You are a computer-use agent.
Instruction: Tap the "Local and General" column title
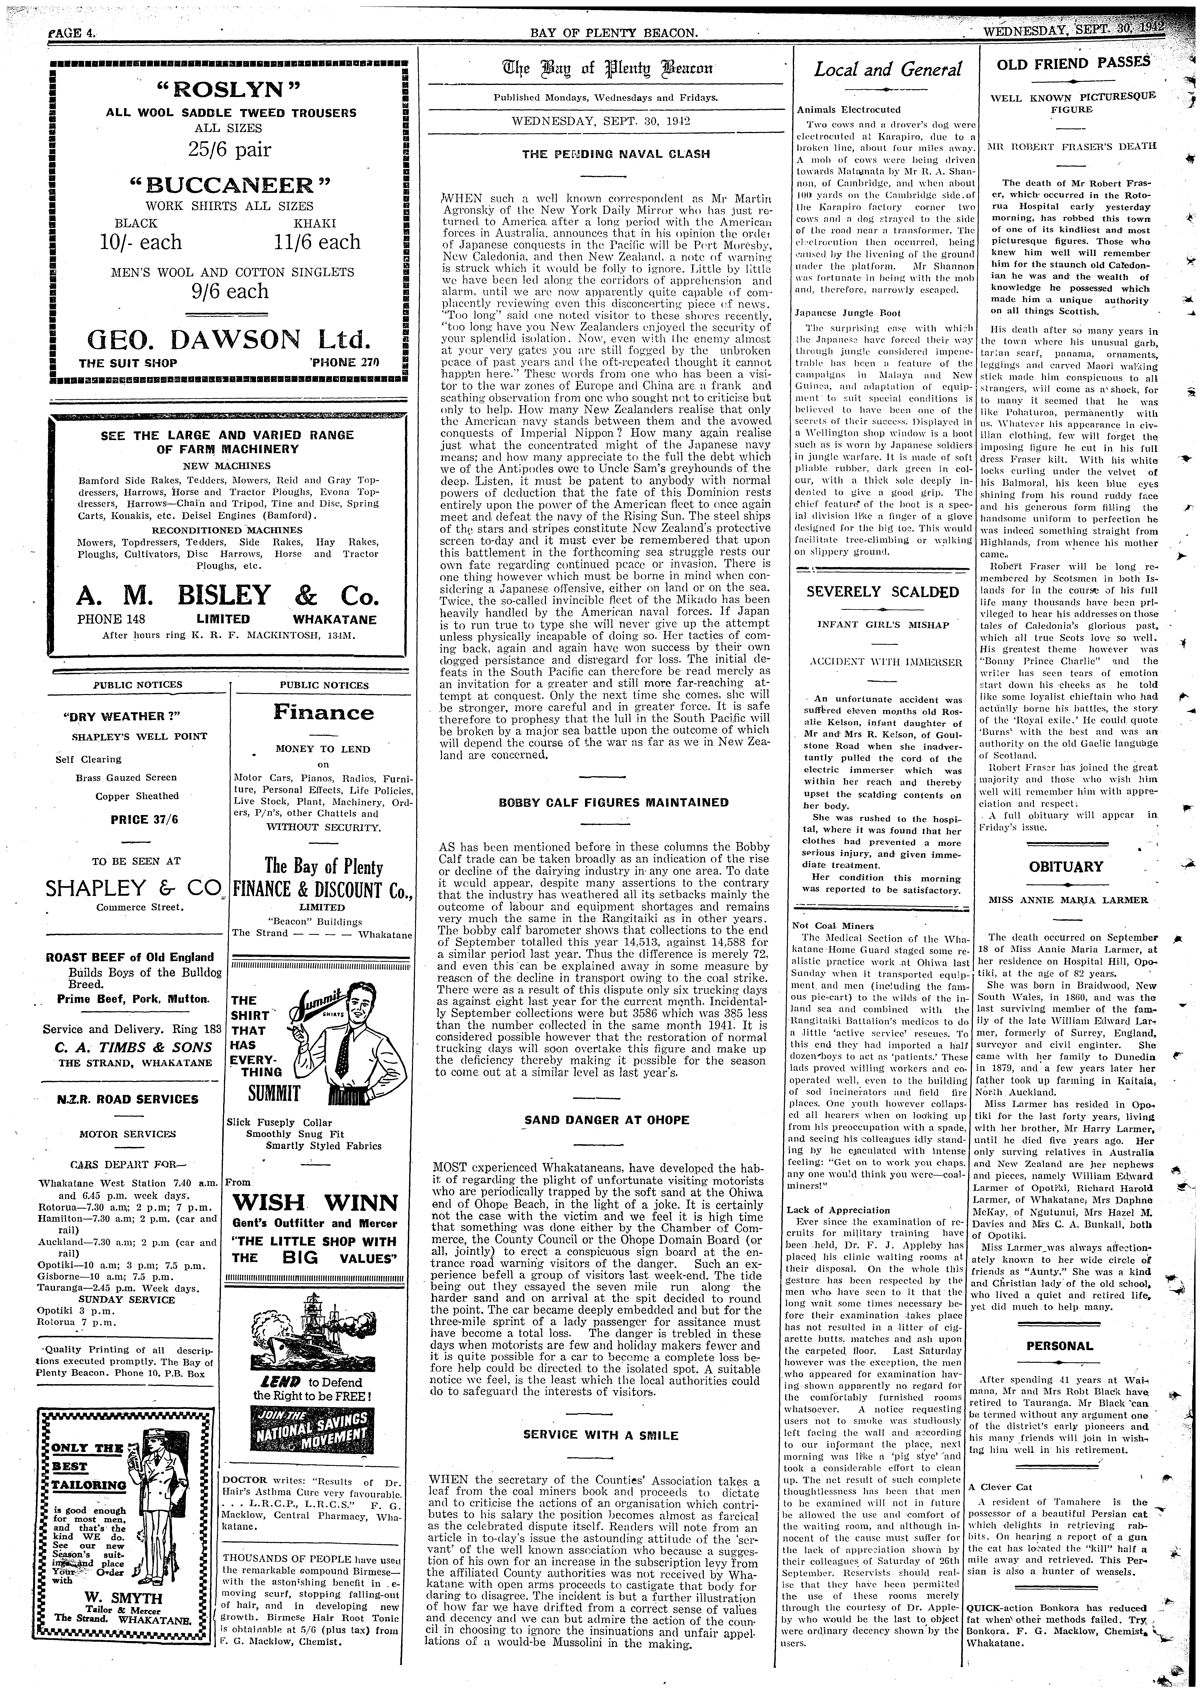[887, 70]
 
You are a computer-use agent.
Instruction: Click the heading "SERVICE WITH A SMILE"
[600, 1435]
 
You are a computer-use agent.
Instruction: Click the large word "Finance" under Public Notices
[323, 713]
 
